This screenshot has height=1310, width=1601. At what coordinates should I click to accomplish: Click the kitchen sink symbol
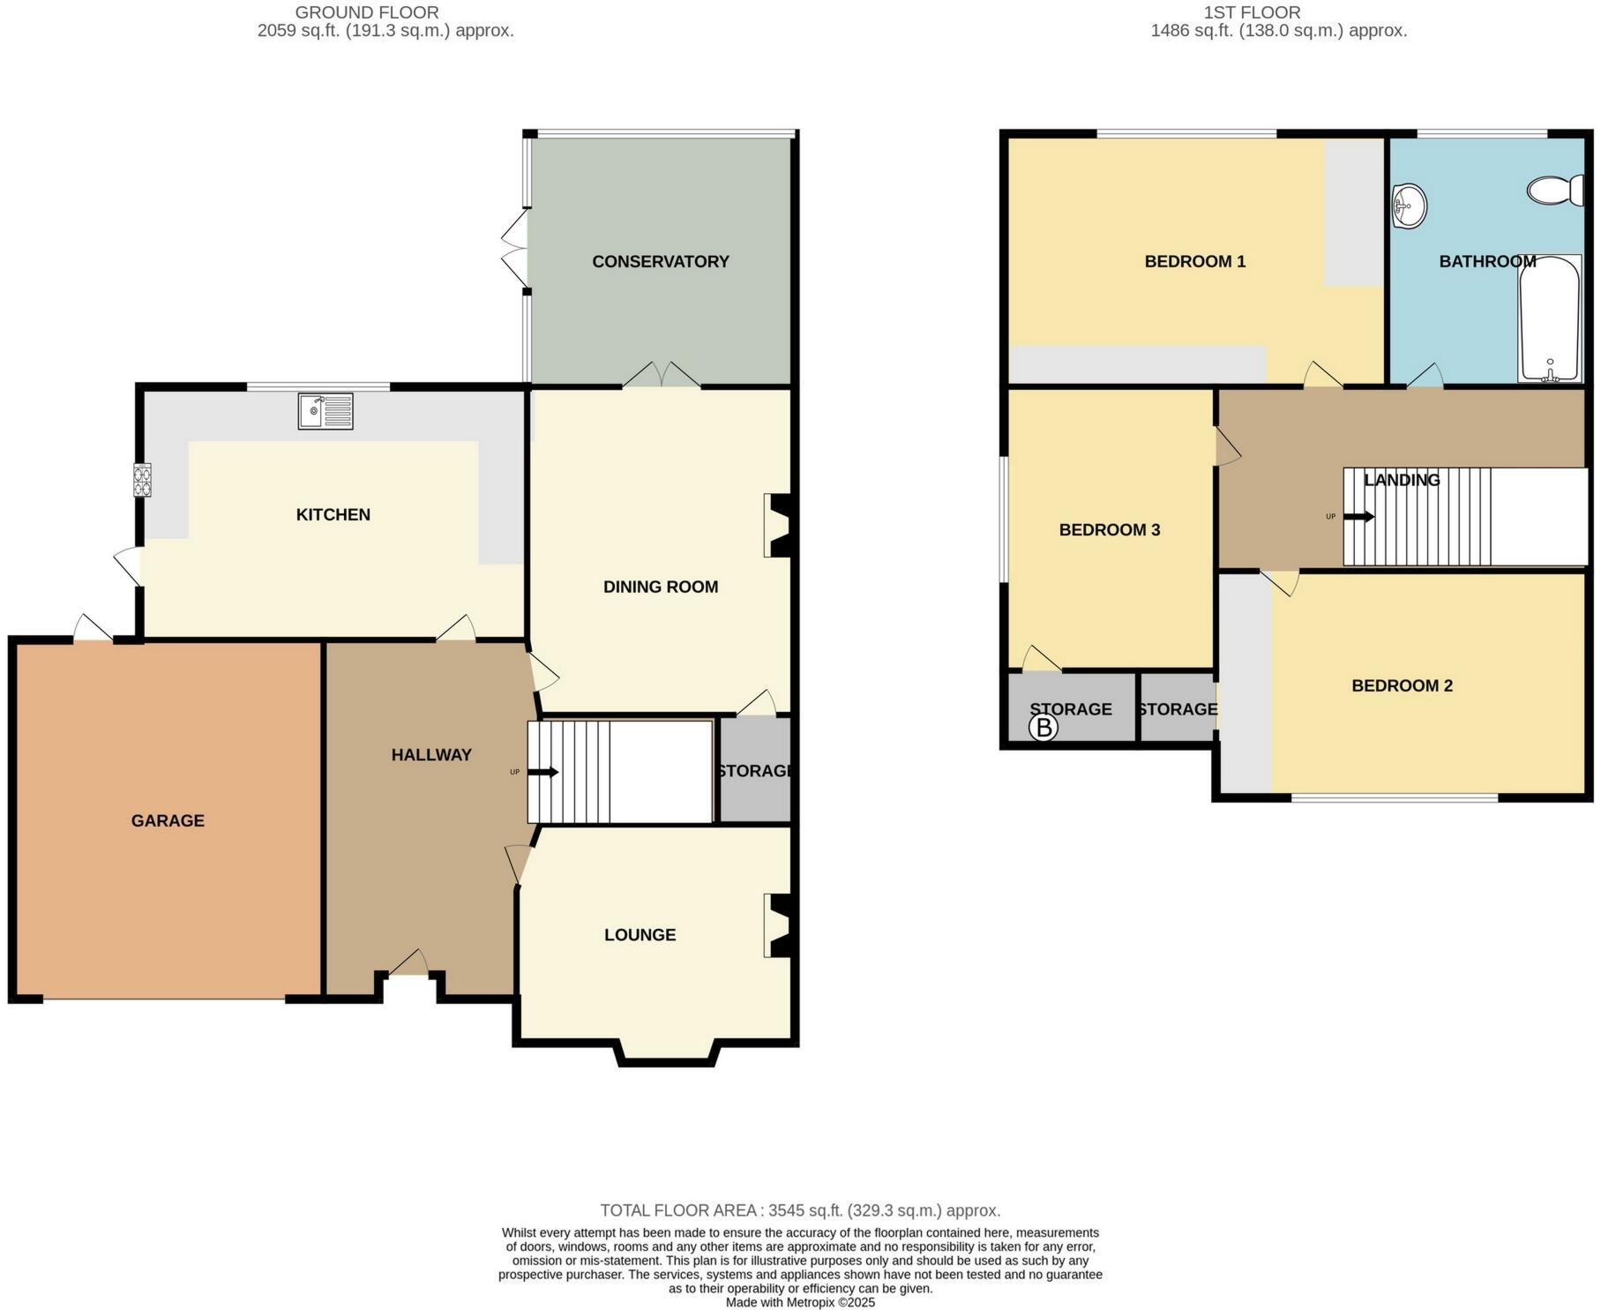click(325, 411)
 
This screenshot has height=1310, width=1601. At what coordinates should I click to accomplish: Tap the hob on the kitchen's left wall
click(142, 480)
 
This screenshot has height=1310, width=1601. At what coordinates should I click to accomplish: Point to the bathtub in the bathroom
click(1550, 319)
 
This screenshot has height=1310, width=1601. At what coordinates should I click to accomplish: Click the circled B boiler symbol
click(1044, 728)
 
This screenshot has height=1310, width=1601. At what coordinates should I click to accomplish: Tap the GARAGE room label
click(168, 820)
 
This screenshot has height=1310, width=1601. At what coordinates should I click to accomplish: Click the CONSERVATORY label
click(660, 261)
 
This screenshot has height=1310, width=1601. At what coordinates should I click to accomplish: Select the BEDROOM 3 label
click(1109, 529)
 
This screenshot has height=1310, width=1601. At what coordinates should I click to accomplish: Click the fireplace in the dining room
click(778, 525)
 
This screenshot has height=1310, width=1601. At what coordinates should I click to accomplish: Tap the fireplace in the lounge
click(778, 925)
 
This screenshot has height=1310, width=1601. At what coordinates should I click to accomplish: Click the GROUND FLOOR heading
click(367, 12)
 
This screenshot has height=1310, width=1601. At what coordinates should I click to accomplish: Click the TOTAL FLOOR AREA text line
click(800, 1210)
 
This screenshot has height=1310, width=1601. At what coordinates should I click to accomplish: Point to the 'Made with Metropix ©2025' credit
click(800, 1302)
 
